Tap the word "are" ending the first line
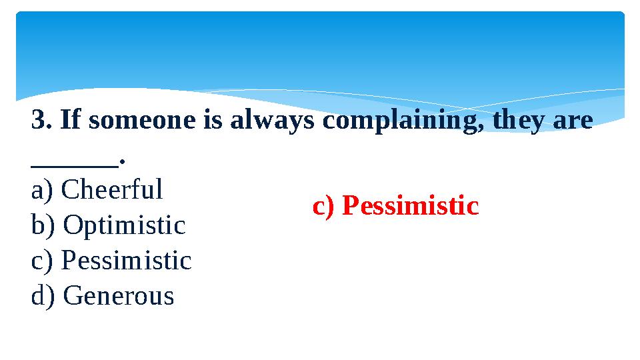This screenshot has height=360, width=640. point(574,122)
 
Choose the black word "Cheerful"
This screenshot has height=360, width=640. point(111,190)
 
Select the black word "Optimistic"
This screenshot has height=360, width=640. point(124,225)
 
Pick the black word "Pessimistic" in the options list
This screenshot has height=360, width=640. point(126,261)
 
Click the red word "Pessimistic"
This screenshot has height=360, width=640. point(411,207)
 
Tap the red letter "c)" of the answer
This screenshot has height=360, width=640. point(324,207)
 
